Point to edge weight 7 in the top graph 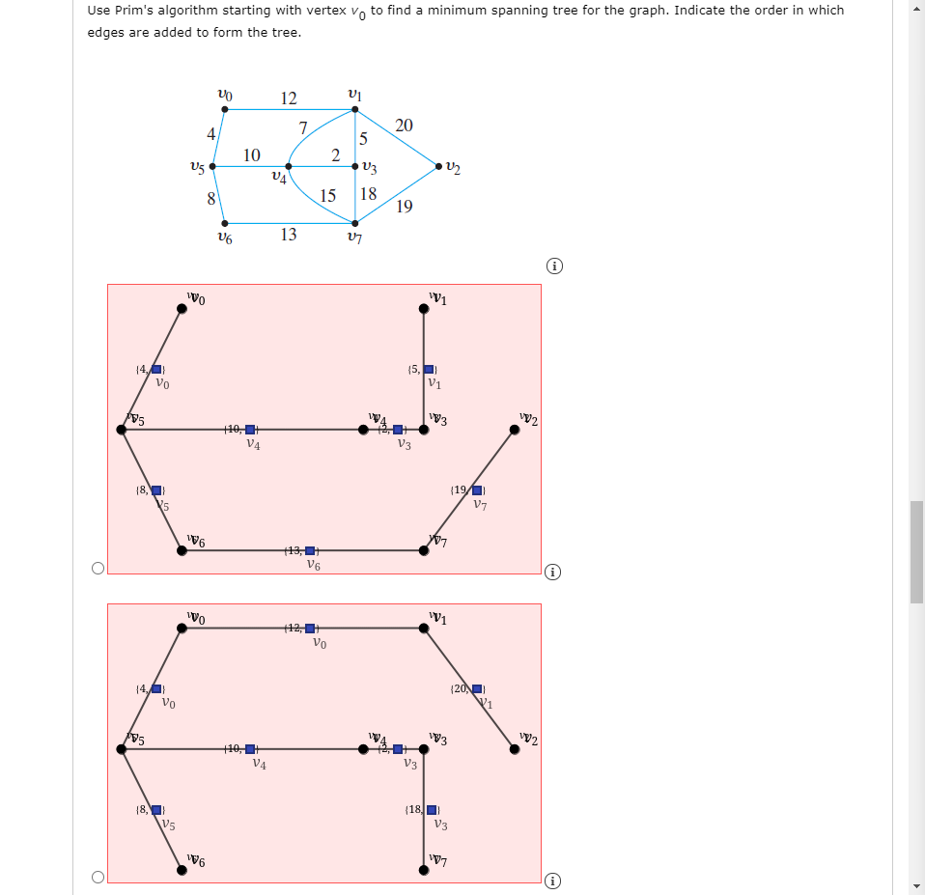(302, 127)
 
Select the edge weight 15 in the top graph (327, 196)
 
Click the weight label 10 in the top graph (251, 154)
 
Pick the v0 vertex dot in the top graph (225, 109)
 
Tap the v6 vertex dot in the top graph (225, 221)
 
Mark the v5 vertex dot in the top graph (212, 166)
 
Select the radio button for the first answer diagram (98, 569)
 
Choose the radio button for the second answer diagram (98, 878)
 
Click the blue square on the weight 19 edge (477, 490)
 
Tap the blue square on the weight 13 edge (310, 550)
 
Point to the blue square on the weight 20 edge (477, 688)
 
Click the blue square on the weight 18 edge (432, 810)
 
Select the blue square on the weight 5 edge (430, 370)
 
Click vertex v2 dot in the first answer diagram (515, 431)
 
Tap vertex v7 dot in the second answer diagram (424, 869)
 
